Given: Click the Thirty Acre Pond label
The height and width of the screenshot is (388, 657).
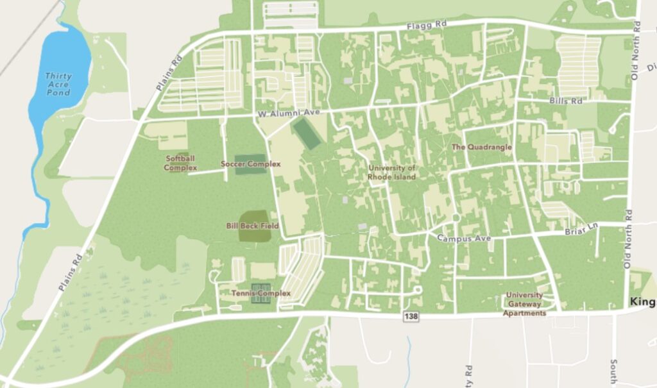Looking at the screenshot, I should (x=58, y=84).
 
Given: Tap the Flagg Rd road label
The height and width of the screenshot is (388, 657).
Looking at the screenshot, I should (x=427, y=26).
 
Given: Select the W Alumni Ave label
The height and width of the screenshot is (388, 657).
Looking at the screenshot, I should (x=288, y=113).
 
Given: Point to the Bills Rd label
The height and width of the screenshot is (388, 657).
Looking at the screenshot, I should (x=566, y=101).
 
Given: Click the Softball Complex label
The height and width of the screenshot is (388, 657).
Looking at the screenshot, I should (x=180, y=163).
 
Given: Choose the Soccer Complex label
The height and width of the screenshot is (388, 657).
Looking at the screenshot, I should (x=251, y=164).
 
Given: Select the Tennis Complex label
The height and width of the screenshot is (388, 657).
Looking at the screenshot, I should (x=260, y=293).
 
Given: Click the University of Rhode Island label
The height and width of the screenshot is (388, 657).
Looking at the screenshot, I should (x=391, y=173).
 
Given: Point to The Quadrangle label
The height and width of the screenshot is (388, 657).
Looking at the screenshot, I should (x=482, y=147).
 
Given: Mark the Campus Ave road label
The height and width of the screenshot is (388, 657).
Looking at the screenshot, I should (x=464, y=239).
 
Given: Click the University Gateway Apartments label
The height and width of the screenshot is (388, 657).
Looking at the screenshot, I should (x=524, y=304).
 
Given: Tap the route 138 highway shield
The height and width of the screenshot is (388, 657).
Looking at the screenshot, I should (x=411, y=317).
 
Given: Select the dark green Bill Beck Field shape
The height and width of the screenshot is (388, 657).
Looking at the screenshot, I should (x=254, y=226).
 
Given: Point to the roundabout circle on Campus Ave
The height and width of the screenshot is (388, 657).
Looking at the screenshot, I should (x=456, y=219).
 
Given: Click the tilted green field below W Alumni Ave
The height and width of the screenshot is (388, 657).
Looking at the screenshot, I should (x=307, y=133).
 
